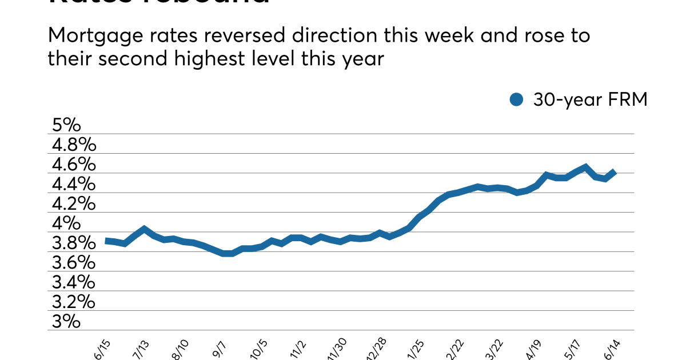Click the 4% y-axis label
64,223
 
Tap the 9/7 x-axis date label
219,348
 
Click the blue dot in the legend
517,100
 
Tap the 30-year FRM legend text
590,100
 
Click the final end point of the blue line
614,171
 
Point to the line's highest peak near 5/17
585,167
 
